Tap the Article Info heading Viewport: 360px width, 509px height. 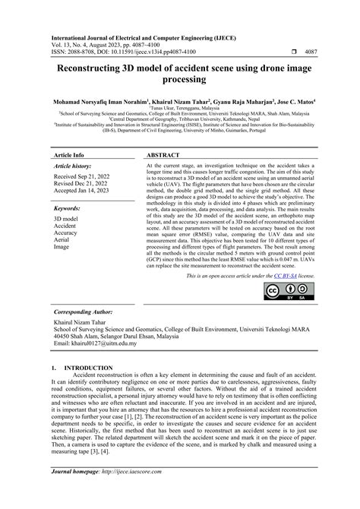[x=68, y=153]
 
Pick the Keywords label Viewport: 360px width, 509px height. [x=68, y=208]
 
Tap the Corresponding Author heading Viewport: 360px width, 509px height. [x=88, y=313]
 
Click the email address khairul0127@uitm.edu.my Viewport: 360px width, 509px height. [x=95, y=344]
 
